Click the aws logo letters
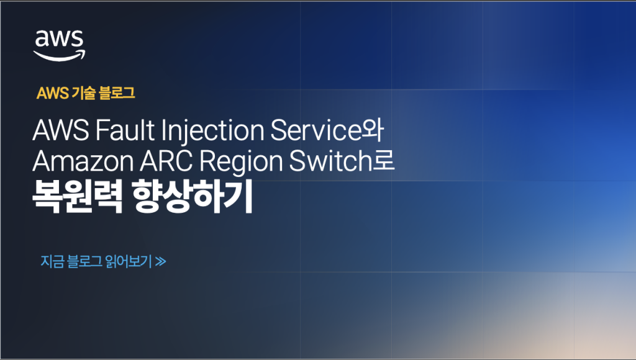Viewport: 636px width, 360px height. [59, 39]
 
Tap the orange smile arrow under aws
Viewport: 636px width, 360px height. [60, 56]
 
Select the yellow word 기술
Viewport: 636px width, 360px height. [83, 93]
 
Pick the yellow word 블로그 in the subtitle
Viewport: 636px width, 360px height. [117, 93]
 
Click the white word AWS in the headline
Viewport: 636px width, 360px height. [61, 130]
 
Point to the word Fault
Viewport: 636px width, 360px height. [125, 130]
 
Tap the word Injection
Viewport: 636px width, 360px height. [213, 131]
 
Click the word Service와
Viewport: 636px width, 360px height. [327, 130]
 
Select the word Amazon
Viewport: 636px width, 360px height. [83, 161]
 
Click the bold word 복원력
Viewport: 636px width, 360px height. [78, 196]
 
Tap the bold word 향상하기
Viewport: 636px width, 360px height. [193, 196]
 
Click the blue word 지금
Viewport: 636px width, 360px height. [52, 261]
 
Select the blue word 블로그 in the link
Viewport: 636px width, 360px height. [84, 261]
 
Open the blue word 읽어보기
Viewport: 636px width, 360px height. [128, 261]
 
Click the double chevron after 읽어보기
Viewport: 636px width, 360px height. [161, 261]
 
